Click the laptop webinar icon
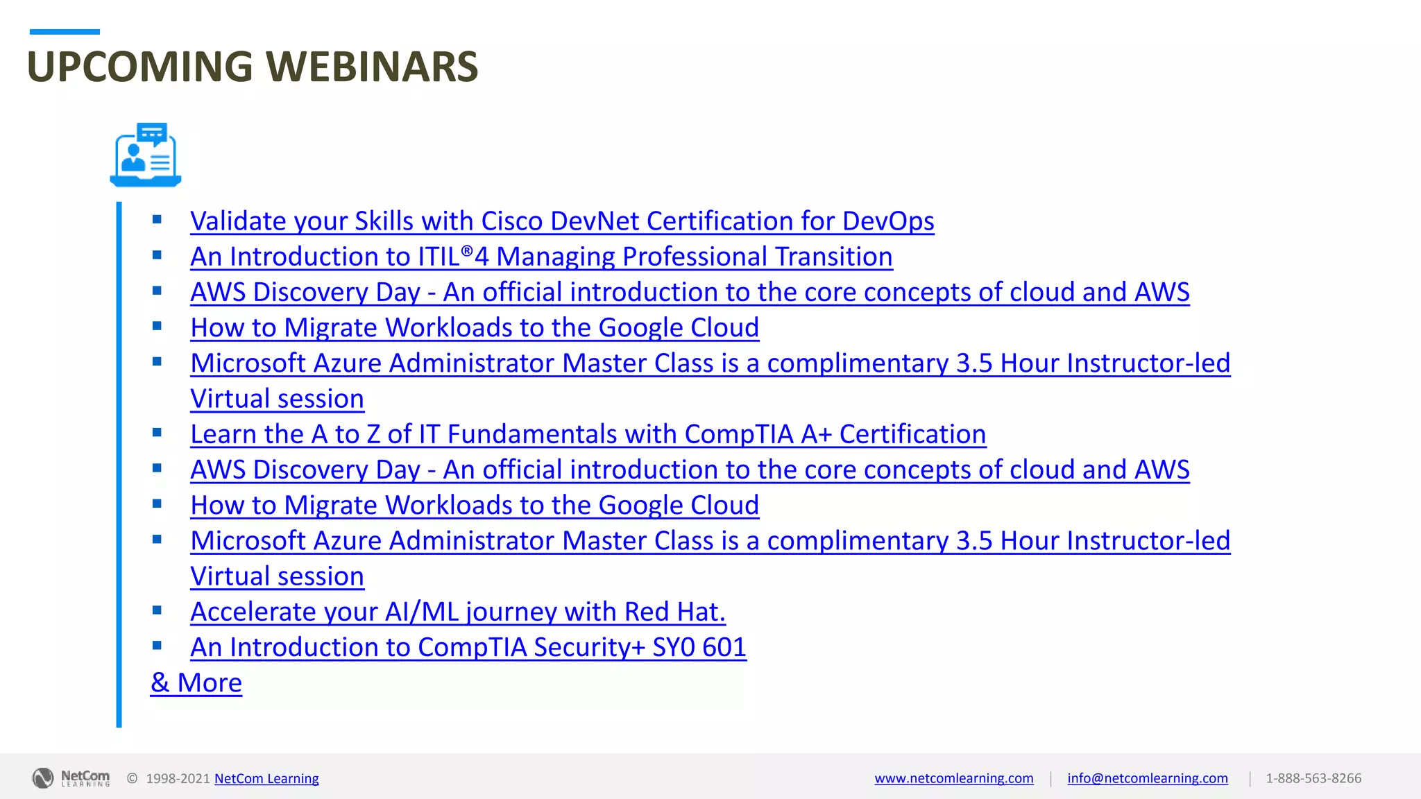146,155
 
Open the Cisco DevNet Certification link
562,221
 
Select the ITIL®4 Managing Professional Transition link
541,257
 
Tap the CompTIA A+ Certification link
588,434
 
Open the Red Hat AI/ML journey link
458,612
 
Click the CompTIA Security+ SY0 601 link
468,647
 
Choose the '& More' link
196,682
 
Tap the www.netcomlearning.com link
953,778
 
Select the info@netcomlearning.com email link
1147,778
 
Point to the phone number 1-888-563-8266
1313,778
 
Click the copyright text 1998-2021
178,778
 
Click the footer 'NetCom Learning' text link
266,778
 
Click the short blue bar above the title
65,32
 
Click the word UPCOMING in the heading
139,67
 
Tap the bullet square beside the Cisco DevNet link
157,220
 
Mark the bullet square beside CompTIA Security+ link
157,646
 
